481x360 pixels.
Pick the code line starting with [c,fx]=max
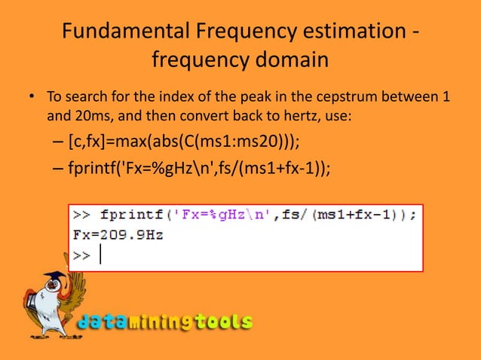tap(188, 143)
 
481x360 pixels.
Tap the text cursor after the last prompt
tap(100, 255)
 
